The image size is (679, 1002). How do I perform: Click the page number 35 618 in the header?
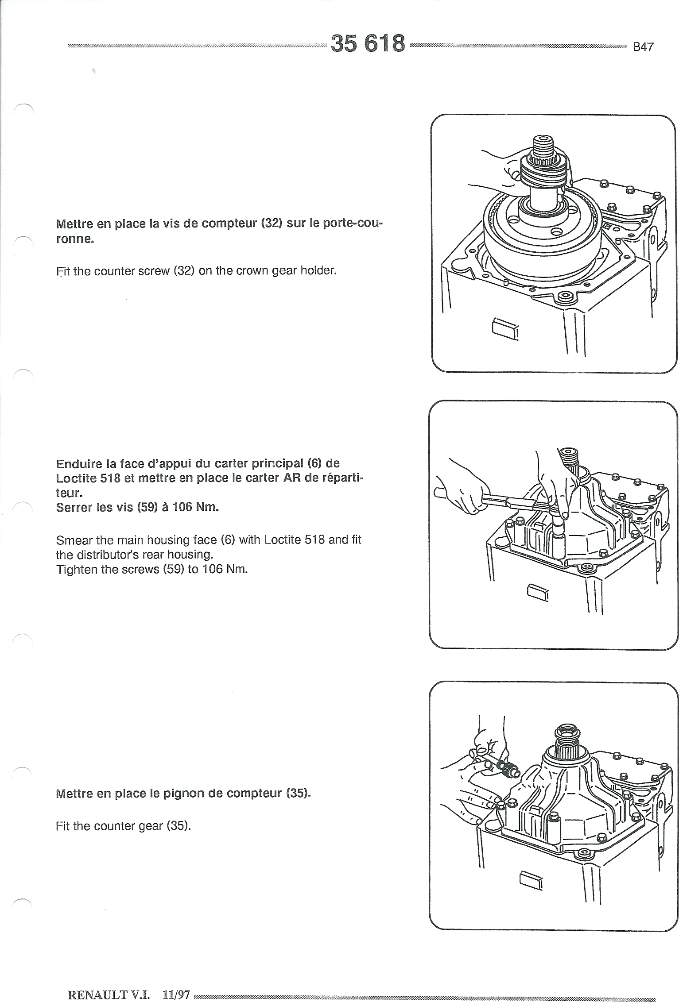(368, 43)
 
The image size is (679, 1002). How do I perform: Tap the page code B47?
(643, 47)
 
